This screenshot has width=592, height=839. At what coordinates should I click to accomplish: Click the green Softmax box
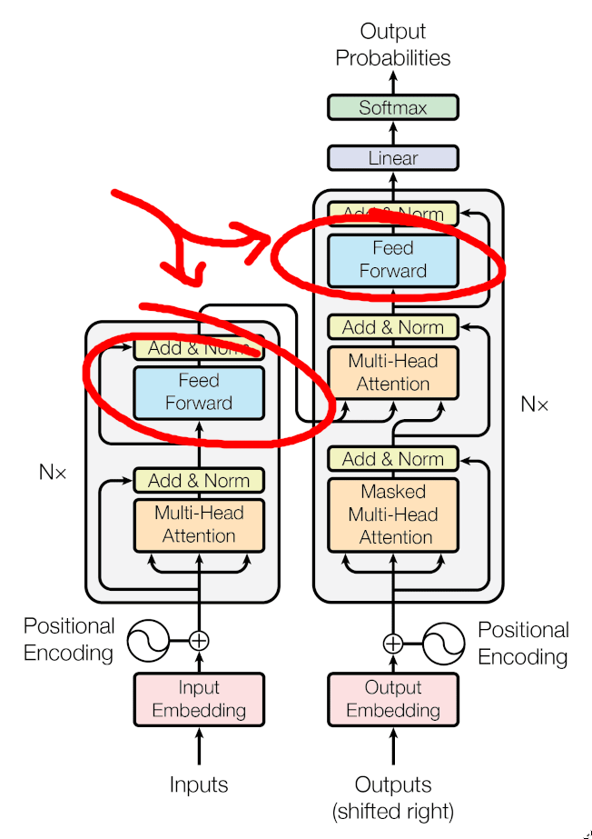point(392,107)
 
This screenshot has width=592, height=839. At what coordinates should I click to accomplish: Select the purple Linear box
point(392,158)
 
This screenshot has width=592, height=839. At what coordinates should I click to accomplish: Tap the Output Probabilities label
point(392,45)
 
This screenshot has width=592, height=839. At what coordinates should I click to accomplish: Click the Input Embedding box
point(199,699)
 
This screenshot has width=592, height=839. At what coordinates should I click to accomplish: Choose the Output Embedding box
point(392,699)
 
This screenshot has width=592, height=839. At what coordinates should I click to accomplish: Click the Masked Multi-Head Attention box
point(392,514)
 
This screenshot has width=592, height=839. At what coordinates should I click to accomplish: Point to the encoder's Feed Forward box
point(199,392)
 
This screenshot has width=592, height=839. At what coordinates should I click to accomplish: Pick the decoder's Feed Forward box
point(392,259)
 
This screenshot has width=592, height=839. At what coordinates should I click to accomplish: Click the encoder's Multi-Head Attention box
point(199,524)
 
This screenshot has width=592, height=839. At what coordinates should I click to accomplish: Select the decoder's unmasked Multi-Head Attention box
point(392,373)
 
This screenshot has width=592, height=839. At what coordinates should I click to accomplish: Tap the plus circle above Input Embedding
point(199,640)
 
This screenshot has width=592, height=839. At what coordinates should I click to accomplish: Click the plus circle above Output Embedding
point(392,643)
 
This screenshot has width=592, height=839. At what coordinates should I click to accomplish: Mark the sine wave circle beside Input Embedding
point(148,640)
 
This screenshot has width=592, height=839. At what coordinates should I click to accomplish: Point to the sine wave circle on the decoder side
point(445,643)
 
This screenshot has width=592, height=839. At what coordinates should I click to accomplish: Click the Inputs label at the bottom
point(199,784)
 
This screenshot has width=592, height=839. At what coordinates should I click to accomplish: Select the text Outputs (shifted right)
point(392,796)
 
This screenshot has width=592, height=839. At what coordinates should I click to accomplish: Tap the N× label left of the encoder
point(53,472)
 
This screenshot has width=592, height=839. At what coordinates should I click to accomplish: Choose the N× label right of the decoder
point(534,405)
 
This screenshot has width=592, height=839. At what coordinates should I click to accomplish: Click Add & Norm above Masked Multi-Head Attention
point(392,458)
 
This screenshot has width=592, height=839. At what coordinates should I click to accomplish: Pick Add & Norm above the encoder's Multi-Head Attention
point(199,480)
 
